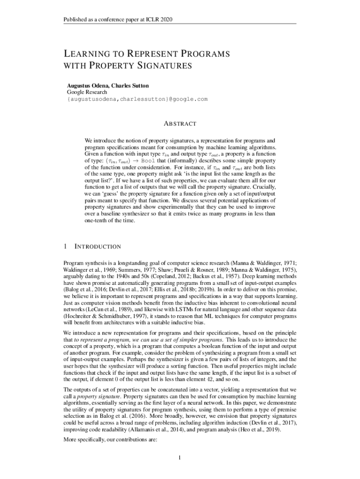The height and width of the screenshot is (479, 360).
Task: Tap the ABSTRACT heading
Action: pos(180,124)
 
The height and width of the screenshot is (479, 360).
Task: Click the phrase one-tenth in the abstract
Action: pos(98,222)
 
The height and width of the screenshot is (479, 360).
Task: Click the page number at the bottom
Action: pos(180,456)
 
